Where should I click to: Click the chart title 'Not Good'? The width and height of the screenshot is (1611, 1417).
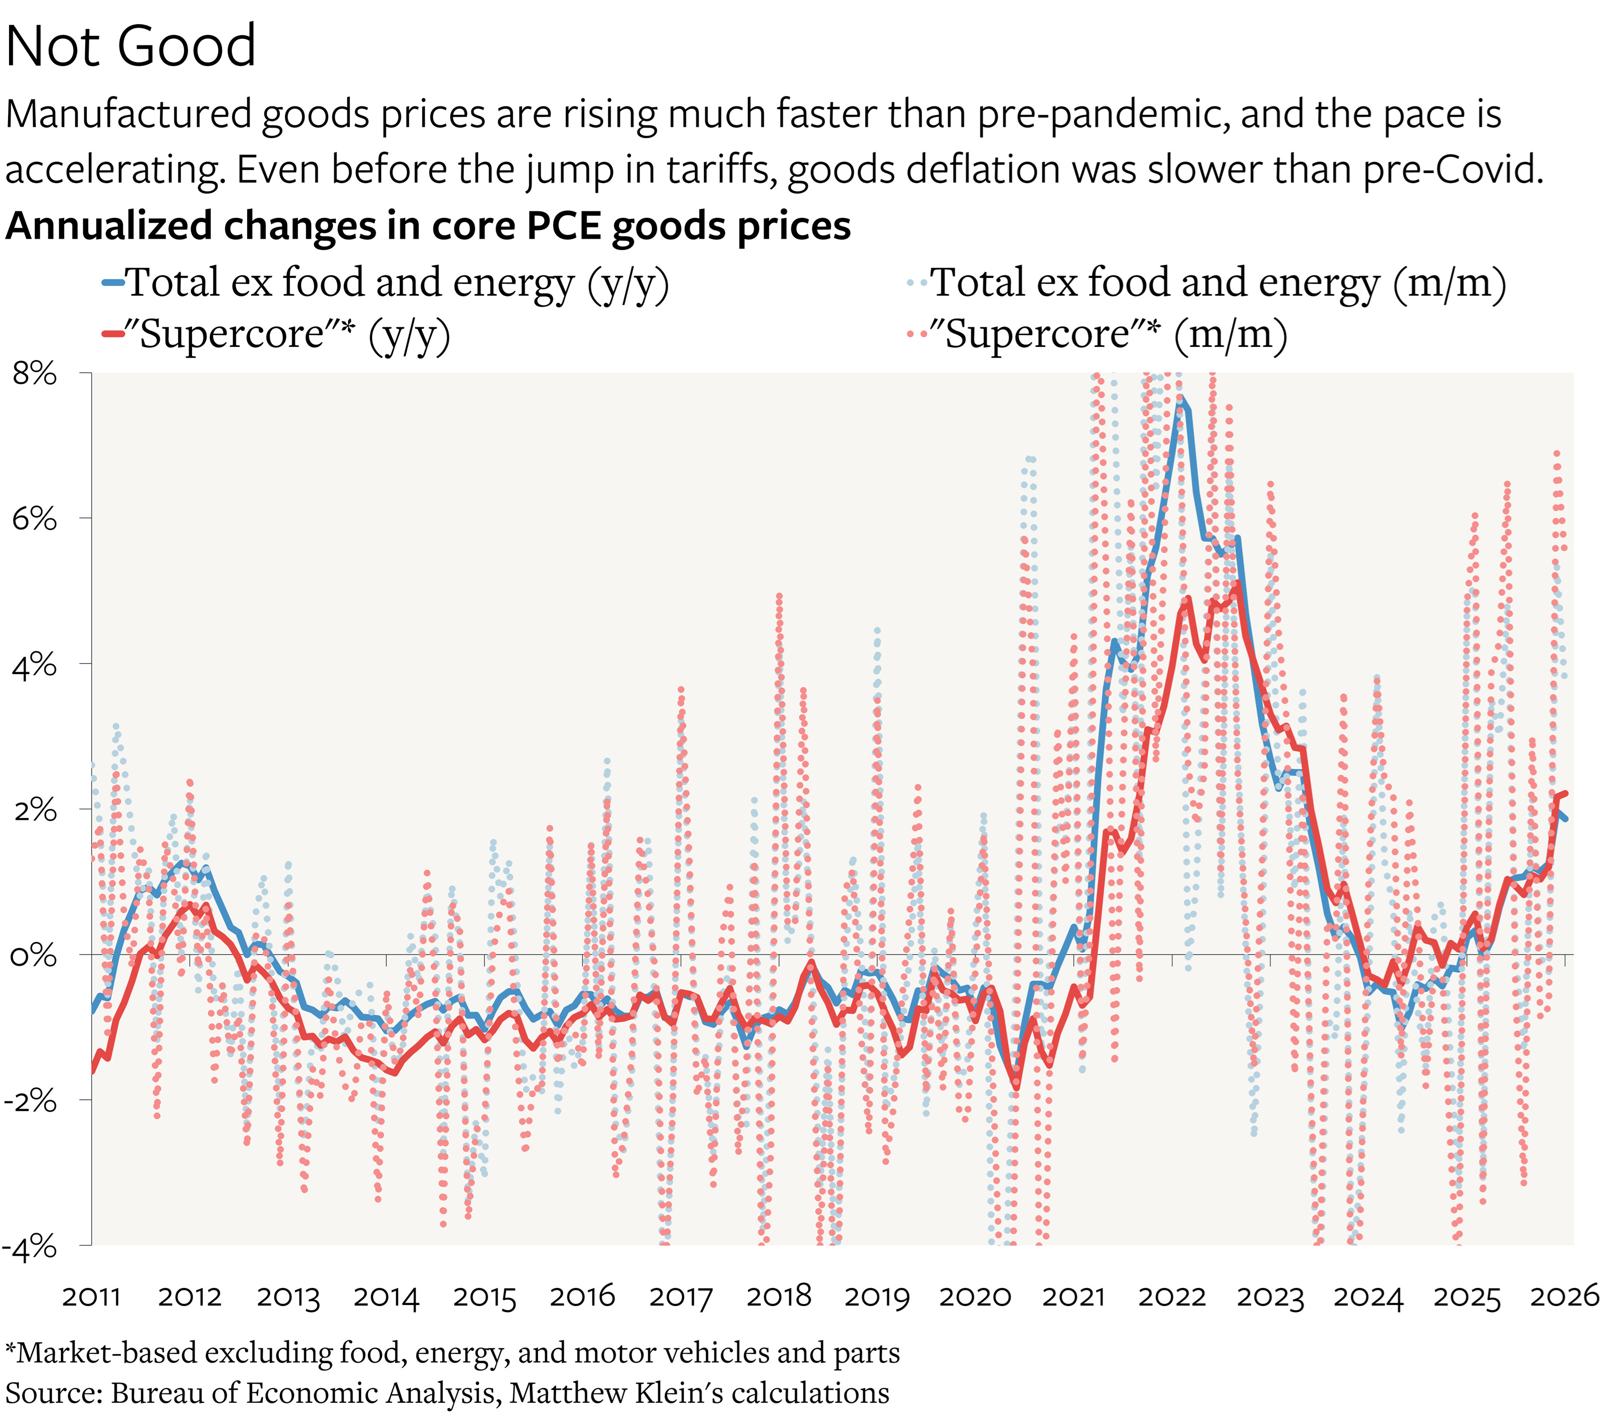[131, 46]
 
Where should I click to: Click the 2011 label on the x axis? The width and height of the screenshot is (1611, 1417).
[91, 1296]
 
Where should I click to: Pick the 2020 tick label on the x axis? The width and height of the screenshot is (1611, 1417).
[975, 1296]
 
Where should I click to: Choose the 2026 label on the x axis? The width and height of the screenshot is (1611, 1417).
[1565, 1296]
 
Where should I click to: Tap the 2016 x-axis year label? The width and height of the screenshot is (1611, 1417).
[582, 1296]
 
